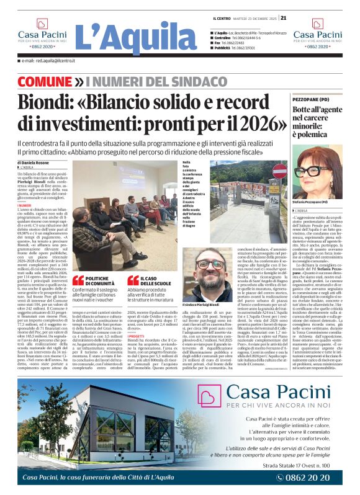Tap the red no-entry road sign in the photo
point(280,170)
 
